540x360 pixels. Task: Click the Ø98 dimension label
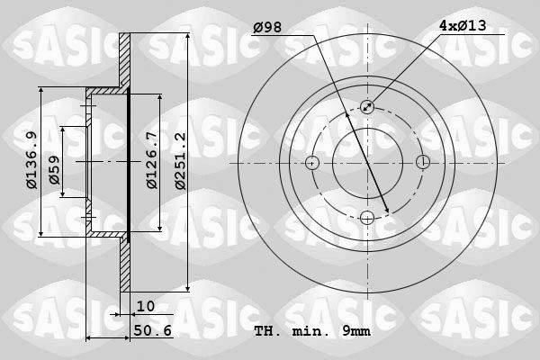(x=267, y=27)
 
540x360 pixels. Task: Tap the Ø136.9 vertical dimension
(x=32, y=161)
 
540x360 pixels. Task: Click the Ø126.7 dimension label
(x=152, y=161)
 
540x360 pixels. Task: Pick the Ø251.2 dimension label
(x=180, y=161)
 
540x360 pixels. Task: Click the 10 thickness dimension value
(x=146, y=307)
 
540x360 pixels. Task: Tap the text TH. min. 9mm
(x=312, y=331)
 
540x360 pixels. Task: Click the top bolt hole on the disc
(x=367, y=107)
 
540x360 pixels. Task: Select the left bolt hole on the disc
(x=312, y=163)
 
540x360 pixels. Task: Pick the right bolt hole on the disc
(x=423, y=163)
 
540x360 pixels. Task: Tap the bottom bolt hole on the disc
(x=367, y=218)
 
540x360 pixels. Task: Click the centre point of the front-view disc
(x=367, y=163)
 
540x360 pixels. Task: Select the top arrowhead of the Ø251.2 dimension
(x=186, y=36)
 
